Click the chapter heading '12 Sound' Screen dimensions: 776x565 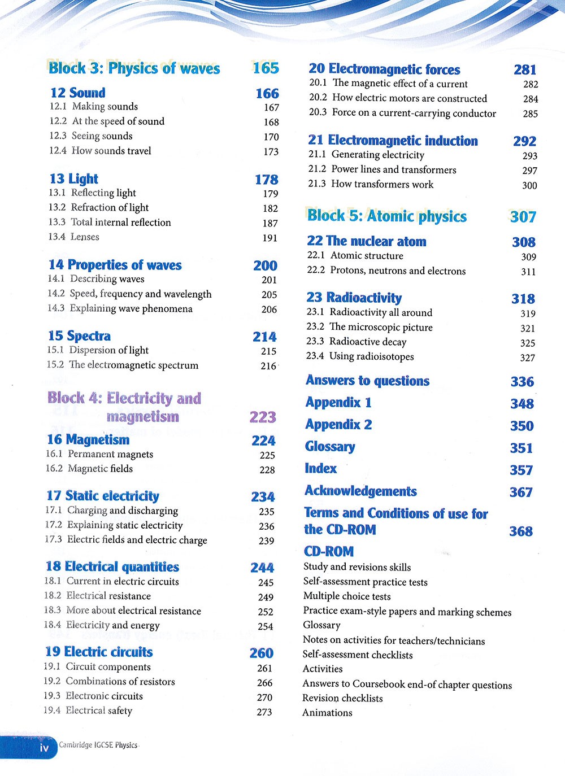[x=77, y=93]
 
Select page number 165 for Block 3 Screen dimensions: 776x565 [x=266, y=68]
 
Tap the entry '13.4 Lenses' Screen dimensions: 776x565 [x=73, y=237]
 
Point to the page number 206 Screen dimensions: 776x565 [x=269, y=309]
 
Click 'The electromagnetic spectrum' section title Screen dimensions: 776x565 [x=133, y=365]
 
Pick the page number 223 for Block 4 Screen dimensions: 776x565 [x=263, y=417]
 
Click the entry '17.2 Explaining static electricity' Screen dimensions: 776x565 [x=114, y=525]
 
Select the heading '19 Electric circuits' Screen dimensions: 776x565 [x=99, y=652]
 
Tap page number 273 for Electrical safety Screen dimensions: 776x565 [x=264, y=712]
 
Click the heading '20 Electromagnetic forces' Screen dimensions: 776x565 [x=384, y=69]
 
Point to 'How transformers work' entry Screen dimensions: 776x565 [x=382, y=184]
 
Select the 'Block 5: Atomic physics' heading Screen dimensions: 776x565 [x=387, y=216]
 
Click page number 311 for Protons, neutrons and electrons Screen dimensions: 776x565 [x=528, y=272]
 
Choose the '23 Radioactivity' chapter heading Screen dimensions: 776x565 [x=354, y=298]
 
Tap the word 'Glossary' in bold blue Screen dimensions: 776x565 [x=330, y=447]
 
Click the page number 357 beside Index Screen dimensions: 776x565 [x=521, y=470]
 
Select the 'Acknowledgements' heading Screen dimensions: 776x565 [x=360, y=491]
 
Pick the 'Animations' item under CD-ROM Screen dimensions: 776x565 [x=327, y=713]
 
